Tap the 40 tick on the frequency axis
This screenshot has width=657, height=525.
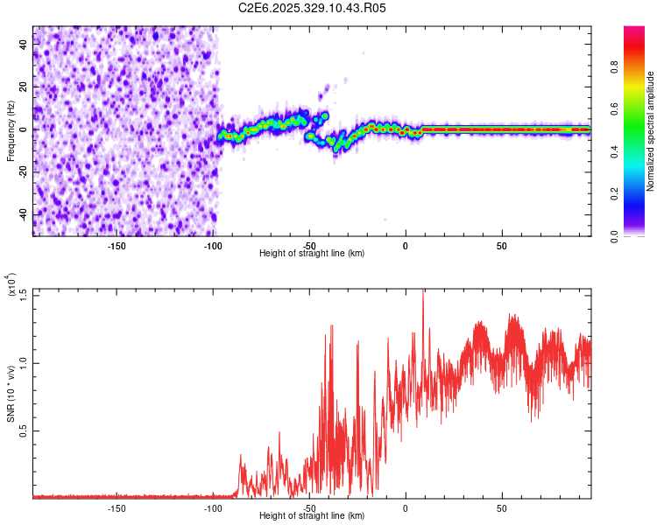[25, 45]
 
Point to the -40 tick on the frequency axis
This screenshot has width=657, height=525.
[25, 214]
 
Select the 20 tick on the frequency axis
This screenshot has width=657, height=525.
[25, 87]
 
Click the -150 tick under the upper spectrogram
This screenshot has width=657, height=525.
[117, 245]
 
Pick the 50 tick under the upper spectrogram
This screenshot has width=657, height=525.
[502, 245]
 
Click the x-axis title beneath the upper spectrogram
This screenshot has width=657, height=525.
[312, 254]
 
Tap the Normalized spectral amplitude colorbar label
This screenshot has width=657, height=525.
[650, 130]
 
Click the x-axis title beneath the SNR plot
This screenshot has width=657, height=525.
[312, 516]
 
